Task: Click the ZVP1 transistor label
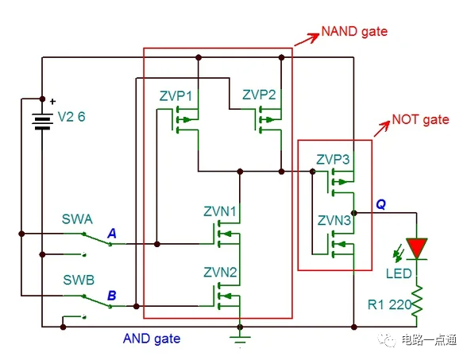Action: click(176, 96)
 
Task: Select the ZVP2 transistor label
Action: click(260, 95)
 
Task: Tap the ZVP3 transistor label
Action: click(333, 158)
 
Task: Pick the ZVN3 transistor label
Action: click(333, 220)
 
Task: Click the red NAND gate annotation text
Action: click(353, 33)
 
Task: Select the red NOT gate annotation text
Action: click(420, 120)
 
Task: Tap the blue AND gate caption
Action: click(152, 339)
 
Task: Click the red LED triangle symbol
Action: click(416, 246)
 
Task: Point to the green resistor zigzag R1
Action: click(416, 303)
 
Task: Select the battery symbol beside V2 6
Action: click(41, 121)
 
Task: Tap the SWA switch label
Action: click(77, 219)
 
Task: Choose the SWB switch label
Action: click(77, 281)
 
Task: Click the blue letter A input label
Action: click(112, 234)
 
